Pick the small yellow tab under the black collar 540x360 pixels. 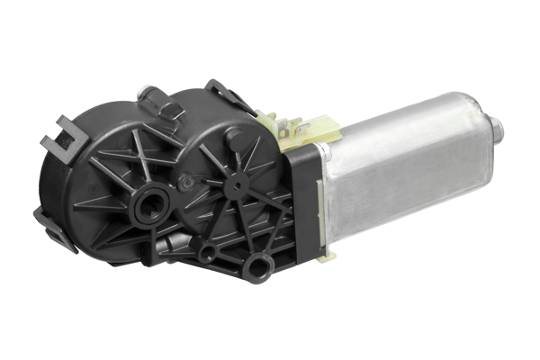326,256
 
